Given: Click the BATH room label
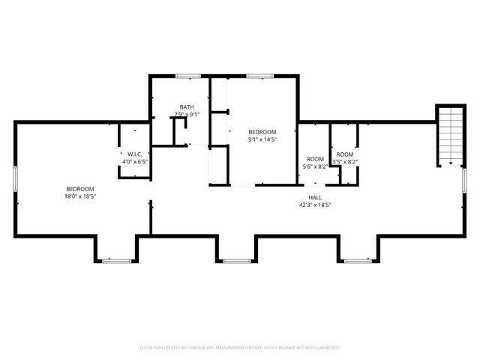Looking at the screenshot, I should point(187,107).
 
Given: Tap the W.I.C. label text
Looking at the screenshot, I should point(135,154).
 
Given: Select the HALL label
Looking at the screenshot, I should point(316,196).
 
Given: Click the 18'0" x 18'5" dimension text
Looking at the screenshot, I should point(80,196).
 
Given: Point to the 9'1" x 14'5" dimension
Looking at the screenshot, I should point(262,139).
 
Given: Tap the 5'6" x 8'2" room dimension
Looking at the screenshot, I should point(315,166).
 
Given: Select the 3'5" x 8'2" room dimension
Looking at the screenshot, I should point(345,161).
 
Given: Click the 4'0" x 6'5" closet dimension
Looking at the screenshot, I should point(135,160).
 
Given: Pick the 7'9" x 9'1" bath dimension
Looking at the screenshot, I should point(187,115).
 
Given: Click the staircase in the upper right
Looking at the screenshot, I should point(450,135).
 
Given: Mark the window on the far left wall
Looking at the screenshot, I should point(16,181).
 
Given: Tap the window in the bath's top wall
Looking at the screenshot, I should point(187,75).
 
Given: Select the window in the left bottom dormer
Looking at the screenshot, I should point(116,261).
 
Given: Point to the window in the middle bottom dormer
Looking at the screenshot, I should point(237,261).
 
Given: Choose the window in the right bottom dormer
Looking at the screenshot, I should point(356,261).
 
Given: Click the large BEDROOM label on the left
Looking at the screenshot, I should point(80,188).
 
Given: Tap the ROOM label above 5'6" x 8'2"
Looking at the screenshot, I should point(315,159).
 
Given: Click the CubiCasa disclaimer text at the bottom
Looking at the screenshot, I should point(240,348).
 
